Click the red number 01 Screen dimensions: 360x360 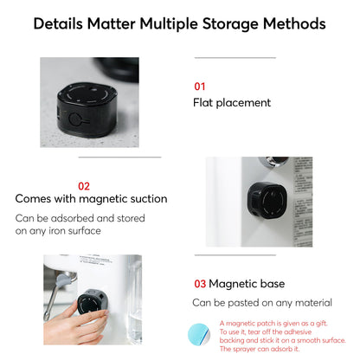[x=200, y=87]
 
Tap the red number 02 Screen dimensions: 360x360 [x=84, y=185]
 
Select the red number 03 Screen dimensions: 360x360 [x=199, y=283]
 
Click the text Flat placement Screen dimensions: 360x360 [x=232, y=103]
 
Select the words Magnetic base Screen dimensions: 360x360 [x=245, y=283]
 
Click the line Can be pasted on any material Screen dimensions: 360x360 [x=261, y=302]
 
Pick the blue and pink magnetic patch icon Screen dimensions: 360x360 [x=205, y=333]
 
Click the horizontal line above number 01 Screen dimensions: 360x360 [x=235, y=58]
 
